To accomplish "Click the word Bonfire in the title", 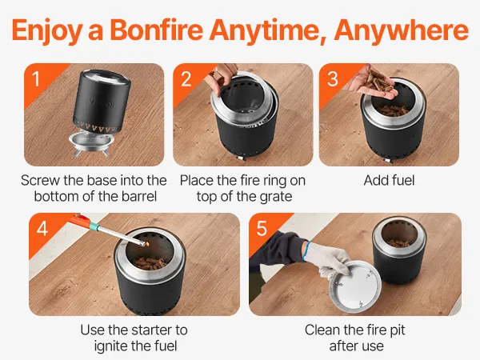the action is coord(157,30).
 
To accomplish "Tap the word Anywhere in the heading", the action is coord(402,30).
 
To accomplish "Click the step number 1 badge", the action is coord(36,79).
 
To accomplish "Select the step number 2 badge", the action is coord(186,79).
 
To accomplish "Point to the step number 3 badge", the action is coord(333,79).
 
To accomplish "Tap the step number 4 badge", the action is coord(42,228).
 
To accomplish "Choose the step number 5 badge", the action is coord(262,228).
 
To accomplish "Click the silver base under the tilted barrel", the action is coord(91,143).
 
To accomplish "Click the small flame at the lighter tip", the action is coord(147,244).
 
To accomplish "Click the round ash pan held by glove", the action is coord(355,287).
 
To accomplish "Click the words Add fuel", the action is coord(389,180).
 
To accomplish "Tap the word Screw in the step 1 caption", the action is coord(41,180).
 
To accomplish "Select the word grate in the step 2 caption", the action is coord(276,197).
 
